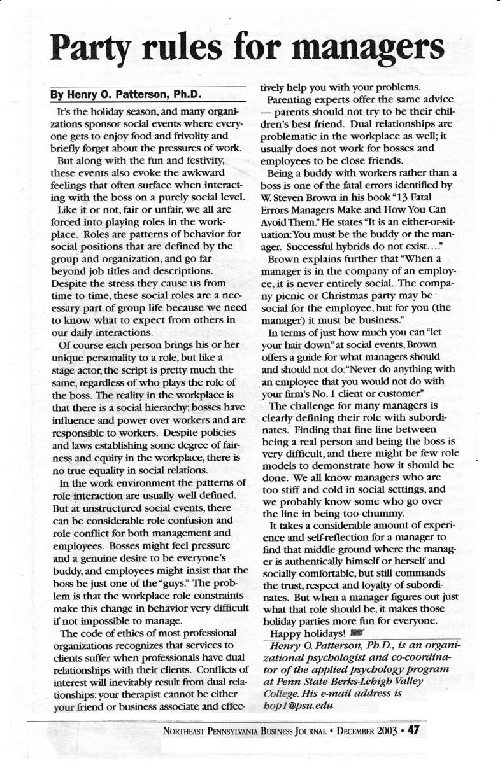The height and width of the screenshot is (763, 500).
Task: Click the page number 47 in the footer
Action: coord(413,729)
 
